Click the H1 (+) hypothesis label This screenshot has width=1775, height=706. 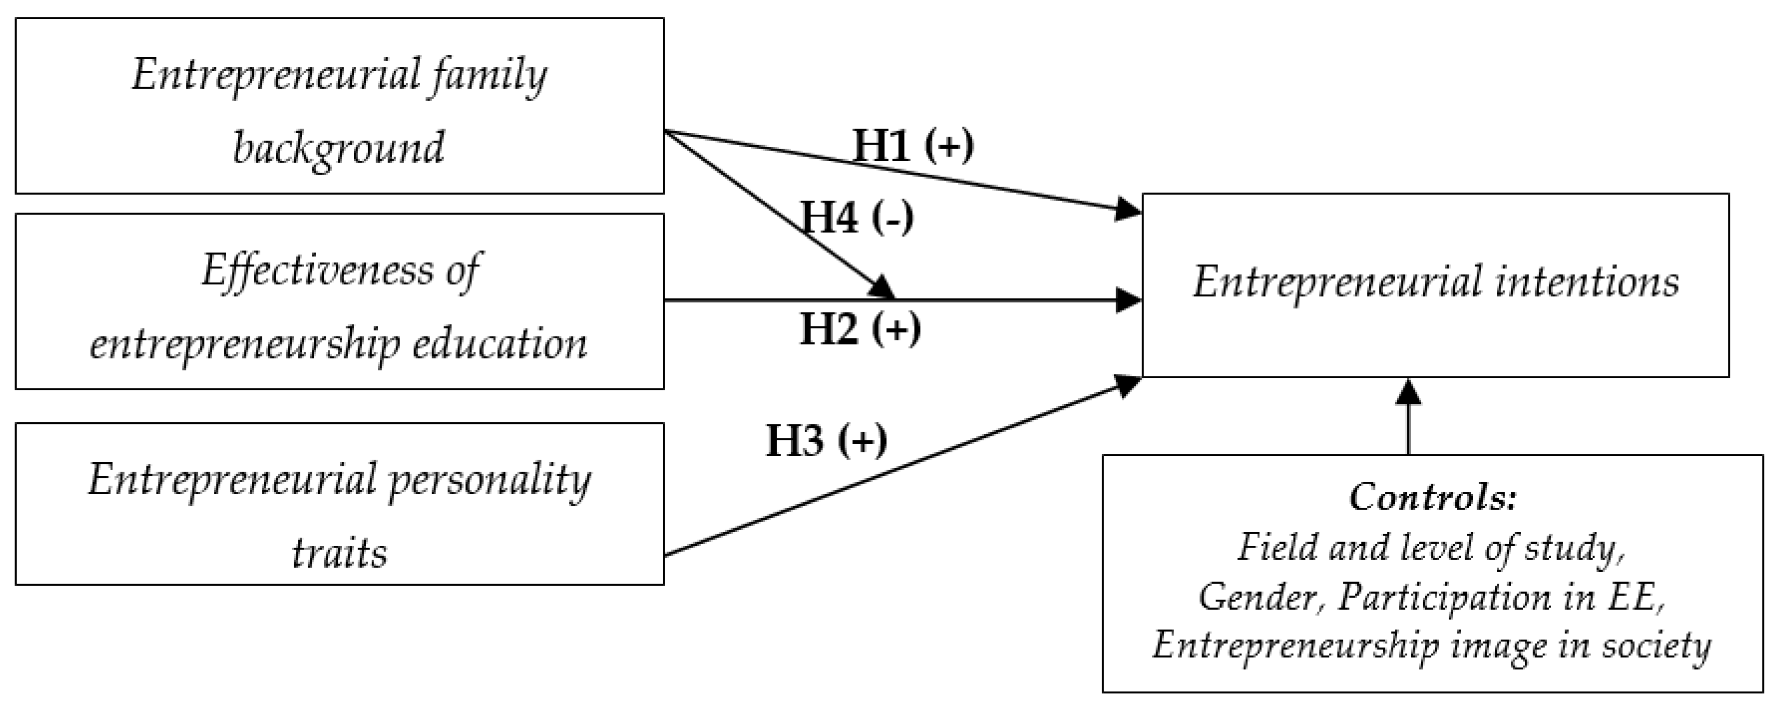pyautogui.click(x=913, y=145)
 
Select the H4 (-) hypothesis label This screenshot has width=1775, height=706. pyautogui.click(x=857, y=218)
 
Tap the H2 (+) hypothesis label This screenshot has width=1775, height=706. pyautogui.click(x=860, y=329)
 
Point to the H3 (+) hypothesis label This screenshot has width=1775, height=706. pyautogui.click(x=826, y=440)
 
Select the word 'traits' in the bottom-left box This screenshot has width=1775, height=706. pyautogui.click(x=339, y=552)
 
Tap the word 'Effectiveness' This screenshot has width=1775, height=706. pyautogui.click(x=317, y=270)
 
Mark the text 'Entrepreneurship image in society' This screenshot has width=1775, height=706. pyautogui.click(x=1432, y=645)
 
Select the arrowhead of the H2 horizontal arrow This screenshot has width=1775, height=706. pyautogui.click(x=1128, y=300)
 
